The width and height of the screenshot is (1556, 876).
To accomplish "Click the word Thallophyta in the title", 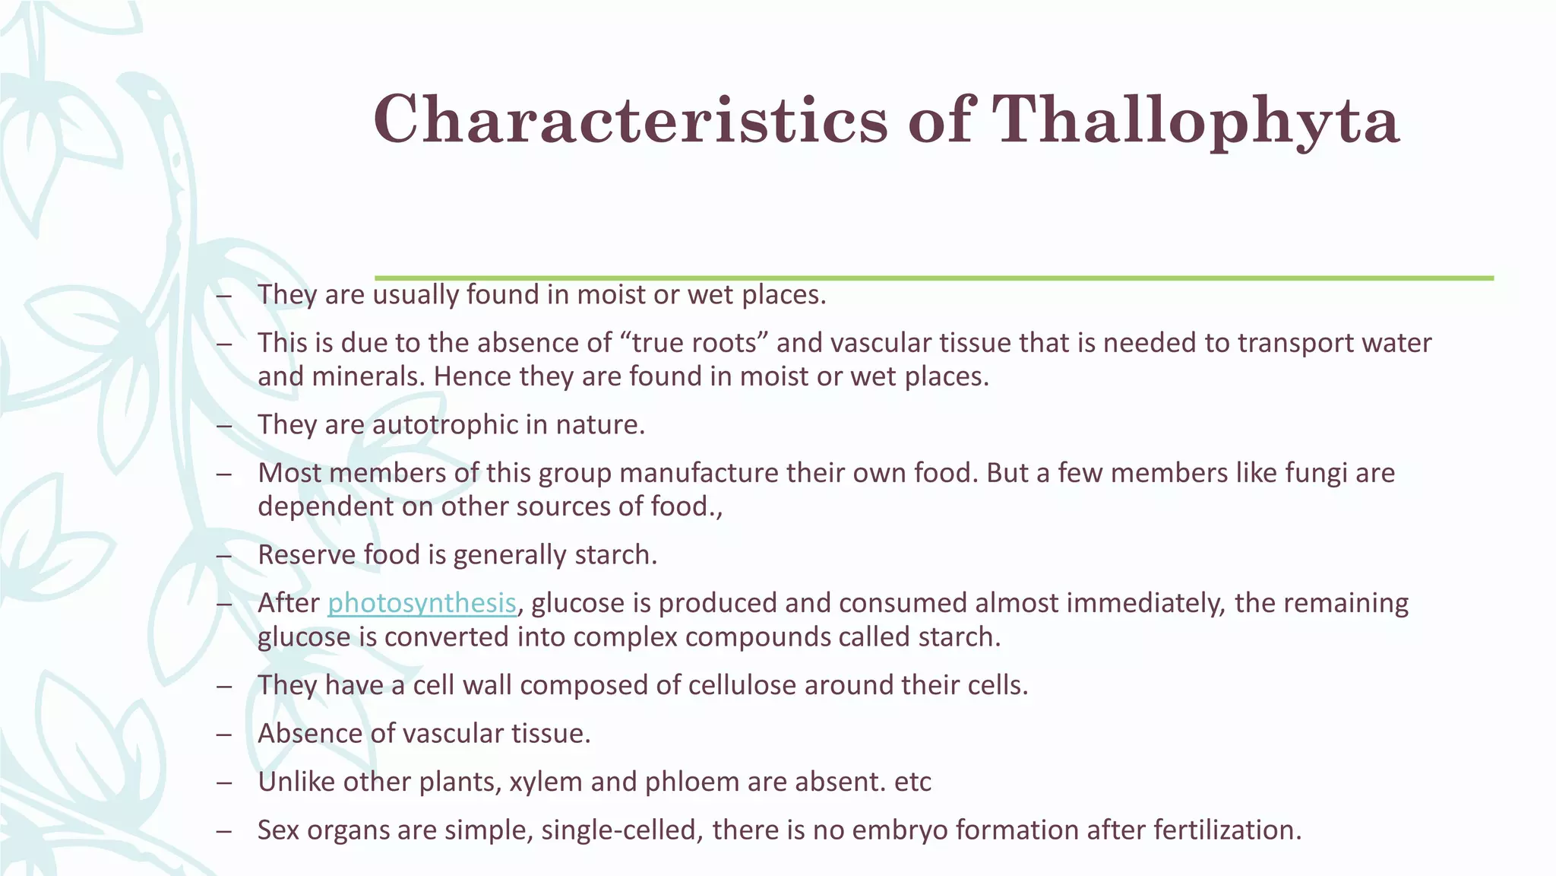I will [1196, 120].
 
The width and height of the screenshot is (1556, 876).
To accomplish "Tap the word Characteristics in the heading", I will [631, 120].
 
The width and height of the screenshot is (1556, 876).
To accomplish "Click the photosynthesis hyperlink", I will [422, 603].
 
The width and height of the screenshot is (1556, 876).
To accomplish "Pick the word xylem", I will [546, 782].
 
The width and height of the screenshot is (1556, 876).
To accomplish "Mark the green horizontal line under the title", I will [934, 278].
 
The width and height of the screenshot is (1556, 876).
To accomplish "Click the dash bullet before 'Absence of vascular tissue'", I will [223, 735].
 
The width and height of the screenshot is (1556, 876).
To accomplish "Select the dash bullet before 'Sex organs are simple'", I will [223, 830].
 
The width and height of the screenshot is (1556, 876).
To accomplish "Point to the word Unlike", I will [296, 782].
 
